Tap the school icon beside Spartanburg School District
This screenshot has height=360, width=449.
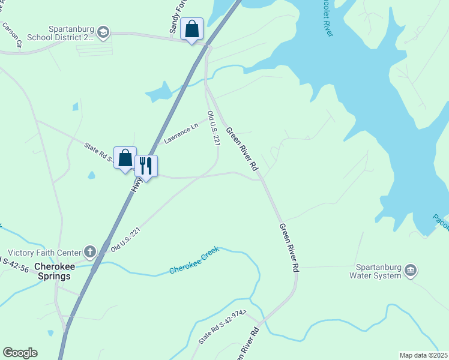point(103,32)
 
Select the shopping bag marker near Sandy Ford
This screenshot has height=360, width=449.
point(191,29)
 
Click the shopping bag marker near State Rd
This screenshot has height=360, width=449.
point(125,159)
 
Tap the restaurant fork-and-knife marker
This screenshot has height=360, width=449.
point(146,166)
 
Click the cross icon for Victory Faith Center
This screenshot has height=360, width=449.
point(90,252)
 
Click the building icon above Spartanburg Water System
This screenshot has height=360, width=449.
point(410,269)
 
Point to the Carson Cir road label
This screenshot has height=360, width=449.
point(12,35)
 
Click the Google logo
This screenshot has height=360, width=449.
point(20,353)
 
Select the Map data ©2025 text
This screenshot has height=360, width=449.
point(423,355)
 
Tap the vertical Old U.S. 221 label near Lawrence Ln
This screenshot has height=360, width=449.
point(212,127)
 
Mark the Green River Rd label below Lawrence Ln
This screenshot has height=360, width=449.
point(241,148)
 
